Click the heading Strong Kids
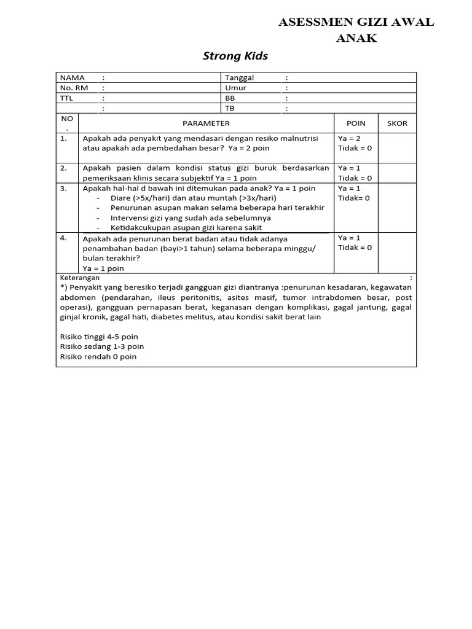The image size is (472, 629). (x=235, y=57)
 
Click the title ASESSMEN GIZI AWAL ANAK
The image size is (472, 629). (x=356, y=30)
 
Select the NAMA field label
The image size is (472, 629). (x=72, y=78)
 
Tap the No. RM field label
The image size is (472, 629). (x=74, y=88)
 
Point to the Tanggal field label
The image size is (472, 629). (x=240, y=78)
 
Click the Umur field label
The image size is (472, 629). (x=235, y=88)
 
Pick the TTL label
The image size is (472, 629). (x=66, y=98)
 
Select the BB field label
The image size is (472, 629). (x=230, y=98)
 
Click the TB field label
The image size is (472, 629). (x=230, y=108)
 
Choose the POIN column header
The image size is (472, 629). (x=356, y=123)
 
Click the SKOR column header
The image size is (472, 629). (x=397, y=123)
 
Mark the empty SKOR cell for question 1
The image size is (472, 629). (x=397, y=147)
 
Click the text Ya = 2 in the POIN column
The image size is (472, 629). (x=350, y=139)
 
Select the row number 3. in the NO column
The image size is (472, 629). (x=64, y=189)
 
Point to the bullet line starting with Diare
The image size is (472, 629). (x=194, y=198)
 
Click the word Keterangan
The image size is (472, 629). (x=80, y=278)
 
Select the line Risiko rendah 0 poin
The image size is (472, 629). (x=98, y=356)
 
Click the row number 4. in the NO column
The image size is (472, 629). (x=64, y=238)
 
